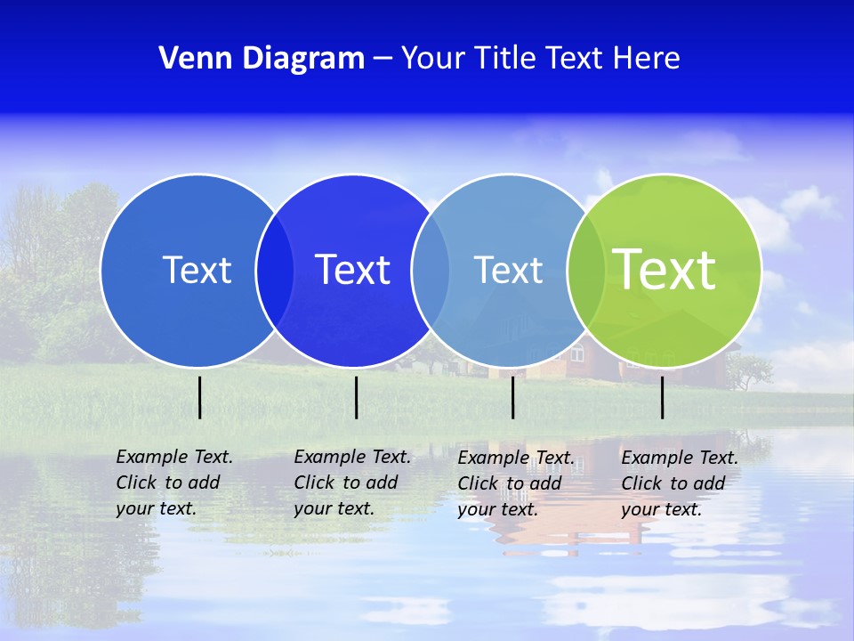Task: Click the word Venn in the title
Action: (189, 58)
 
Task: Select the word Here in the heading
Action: (647, 58)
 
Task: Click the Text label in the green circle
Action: (664, 269)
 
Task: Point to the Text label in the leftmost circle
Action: (197, 270)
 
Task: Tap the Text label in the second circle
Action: (352, 270)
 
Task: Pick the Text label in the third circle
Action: (508, 270)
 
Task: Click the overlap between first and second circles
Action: (275, 271)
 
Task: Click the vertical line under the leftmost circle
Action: (199, 397)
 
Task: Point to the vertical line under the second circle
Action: (356, 397)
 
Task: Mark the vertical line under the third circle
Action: (512, 397)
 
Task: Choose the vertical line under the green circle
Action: (662, 397)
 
